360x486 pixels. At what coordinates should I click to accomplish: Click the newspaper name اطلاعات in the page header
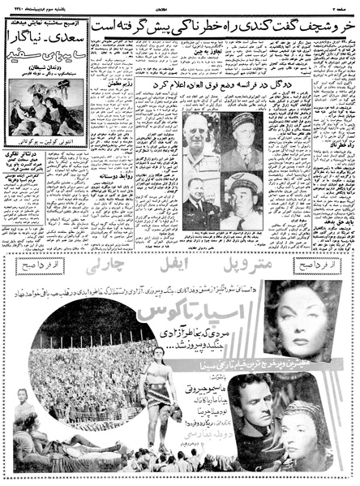point(180,5)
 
